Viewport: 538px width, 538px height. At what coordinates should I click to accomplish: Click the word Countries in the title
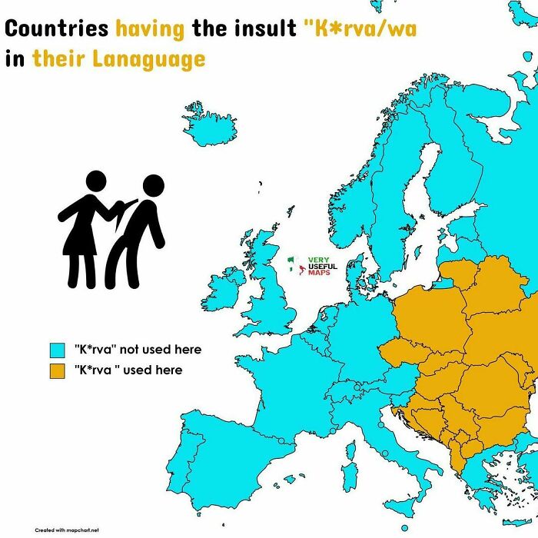pos(57,30)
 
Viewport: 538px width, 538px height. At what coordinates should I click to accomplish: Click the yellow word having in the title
pos(150,30)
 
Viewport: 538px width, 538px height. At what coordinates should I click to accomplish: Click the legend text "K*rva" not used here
pos(138,350)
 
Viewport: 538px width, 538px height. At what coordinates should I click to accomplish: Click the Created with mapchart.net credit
pos(67,530)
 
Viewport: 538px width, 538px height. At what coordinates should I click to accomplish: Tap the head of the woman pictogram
pos(95,181)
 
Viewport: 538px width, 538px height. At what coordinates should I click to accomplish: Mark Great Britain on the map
pos(273,292)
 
